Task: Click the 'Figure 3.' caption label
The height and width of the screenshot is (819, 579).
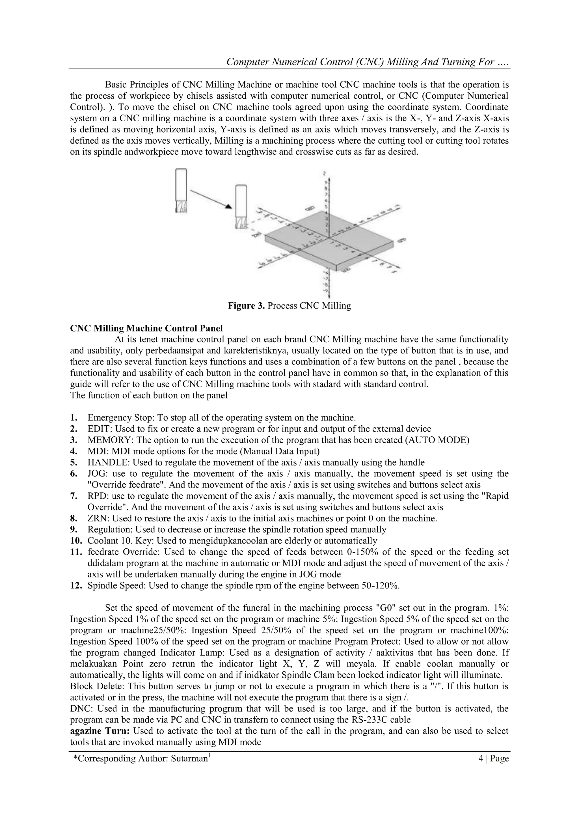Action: click(x=246, y=306)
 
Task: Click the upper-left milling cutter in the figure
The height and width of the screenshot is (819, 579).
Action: click(x=181, y=191)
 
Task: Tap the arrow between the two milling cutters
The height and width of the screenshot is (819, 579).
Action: click(x=211, y=199)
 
